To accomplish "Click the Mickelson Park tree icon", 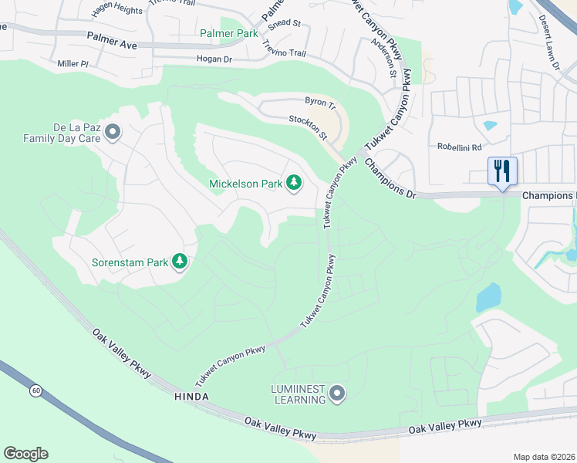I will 293,183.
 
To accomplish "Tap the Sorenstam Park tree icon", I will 180,262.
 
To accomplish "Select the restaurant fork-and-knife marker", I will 502,171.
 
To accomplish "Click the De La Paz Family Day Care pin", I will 113,133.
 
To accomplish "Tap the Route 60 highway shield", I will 36,390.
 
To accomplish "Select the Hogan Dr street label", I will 214,59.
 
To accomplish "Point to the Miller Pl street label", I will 73,63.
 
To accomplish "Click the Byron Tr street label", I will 321,102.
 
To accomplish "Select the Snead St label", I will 284,24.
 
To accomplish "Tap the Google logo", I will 25,454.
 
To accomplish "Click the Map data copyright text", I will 544,457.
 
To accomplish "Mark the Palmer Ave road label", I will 112,41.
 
